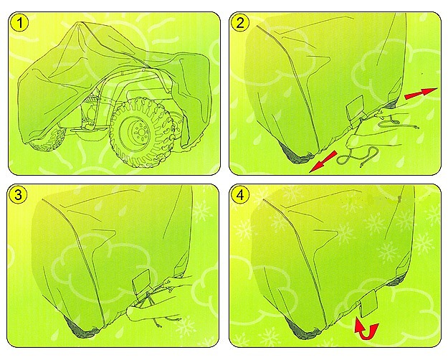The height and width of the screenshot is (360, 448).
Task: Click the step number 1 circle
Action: click(x=19, y=23)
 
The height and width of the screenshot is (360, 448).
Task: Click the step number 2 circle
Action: click(x=240, y=23)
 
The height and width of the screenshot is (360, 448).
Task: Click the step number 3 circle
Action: click(x=18, y=195)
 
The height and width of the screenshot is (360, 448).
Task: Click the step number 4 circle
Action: click(x=241, y=195)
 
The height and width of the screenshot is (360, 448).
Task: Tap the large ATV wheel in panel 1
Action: click(x=142, y=133)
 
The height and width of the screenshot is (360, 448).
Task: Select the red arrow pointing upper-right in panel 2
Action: click(x=421, y=93)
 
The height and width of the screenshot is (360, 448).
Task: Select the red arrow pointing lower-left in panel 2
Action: click(x=323, y=162)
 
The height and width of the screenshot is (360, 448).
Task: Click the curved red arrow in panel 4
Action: click(x=366, y=331)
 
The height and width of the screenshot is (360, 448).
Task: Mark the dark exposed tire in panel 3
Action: click(x=80, y=327)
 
